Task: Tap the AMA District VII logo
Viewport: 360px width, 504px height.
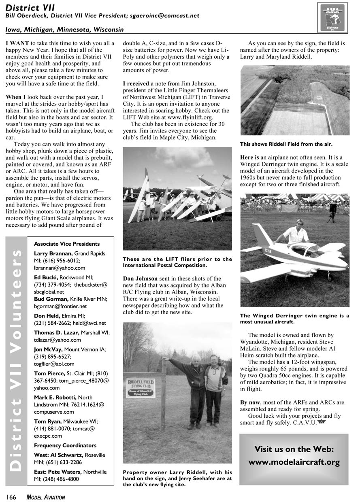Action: [x=332, y=17]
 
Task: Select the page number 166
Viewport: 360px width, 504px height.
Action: [x=11, y=498]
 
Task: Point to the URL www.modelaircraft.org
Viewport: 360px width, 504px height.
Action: [x=294, y=462]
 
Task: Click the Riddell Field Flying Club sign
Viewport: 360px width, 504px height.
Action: [x=141, y=388]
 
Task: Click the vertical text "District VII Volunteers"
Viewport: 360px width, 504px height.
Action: [x=16, y=360]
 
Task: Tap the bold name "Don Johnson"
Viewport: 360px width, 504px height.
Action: [x=141, y=279]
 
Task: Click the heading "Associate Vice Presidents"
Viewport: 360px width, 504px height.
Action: [x=67, y=244]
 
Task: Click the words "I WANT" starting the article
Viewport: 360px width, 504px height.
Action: [x=17, y=43]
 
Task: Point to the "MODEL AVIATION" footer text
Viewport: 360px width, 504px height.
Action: [x=46, y=498]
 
